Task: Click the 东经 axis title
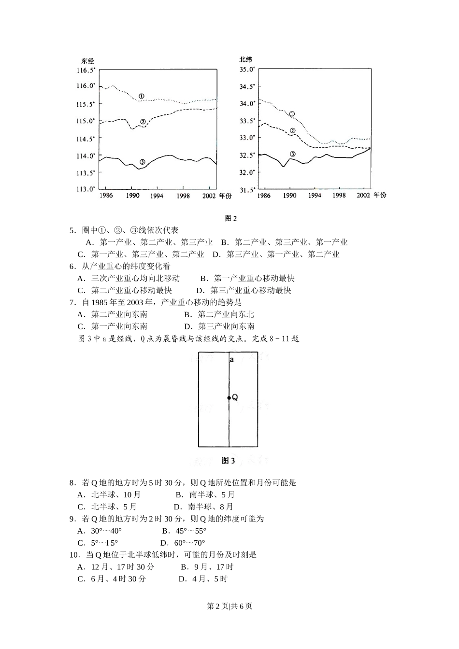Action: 87,61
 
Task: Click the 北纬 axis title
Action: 245,59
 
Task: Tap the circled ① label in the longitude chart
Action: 141,96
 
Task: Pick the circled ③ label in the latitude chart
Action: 292,154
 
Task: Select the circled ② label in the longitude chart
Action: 143,122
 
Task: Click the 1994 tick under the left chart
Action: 156,196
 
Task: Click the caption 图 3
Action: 228,461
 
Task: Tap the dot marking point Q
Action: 229,398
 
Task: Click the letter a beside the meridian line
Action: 232,360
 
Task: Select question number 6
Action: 72,266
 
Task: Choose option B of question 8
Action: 205,494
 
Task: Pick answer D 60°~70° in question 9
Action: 183,543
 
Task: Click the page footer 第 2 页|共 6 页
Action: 229,606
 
